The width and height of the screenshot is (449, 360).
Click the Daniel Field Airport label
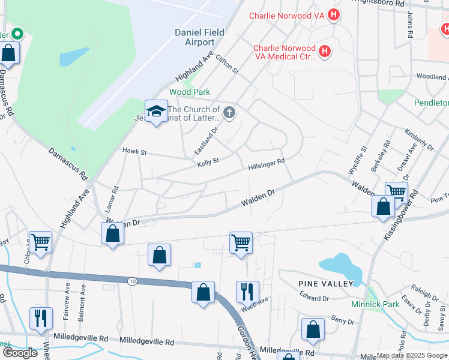point(194,37)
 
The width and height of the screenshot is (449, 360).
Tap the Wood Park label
point(190,92)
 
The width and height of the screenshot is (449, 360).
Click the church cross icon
point(229,112)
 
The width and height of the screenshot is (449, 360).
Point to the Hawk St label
point(134,152)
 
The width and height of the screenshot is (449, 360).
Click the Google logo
point(20,353)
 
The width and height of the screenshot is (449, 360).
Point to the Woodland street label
point(432,77)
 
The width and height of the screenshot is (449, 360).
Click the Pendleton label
point(431,103)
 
